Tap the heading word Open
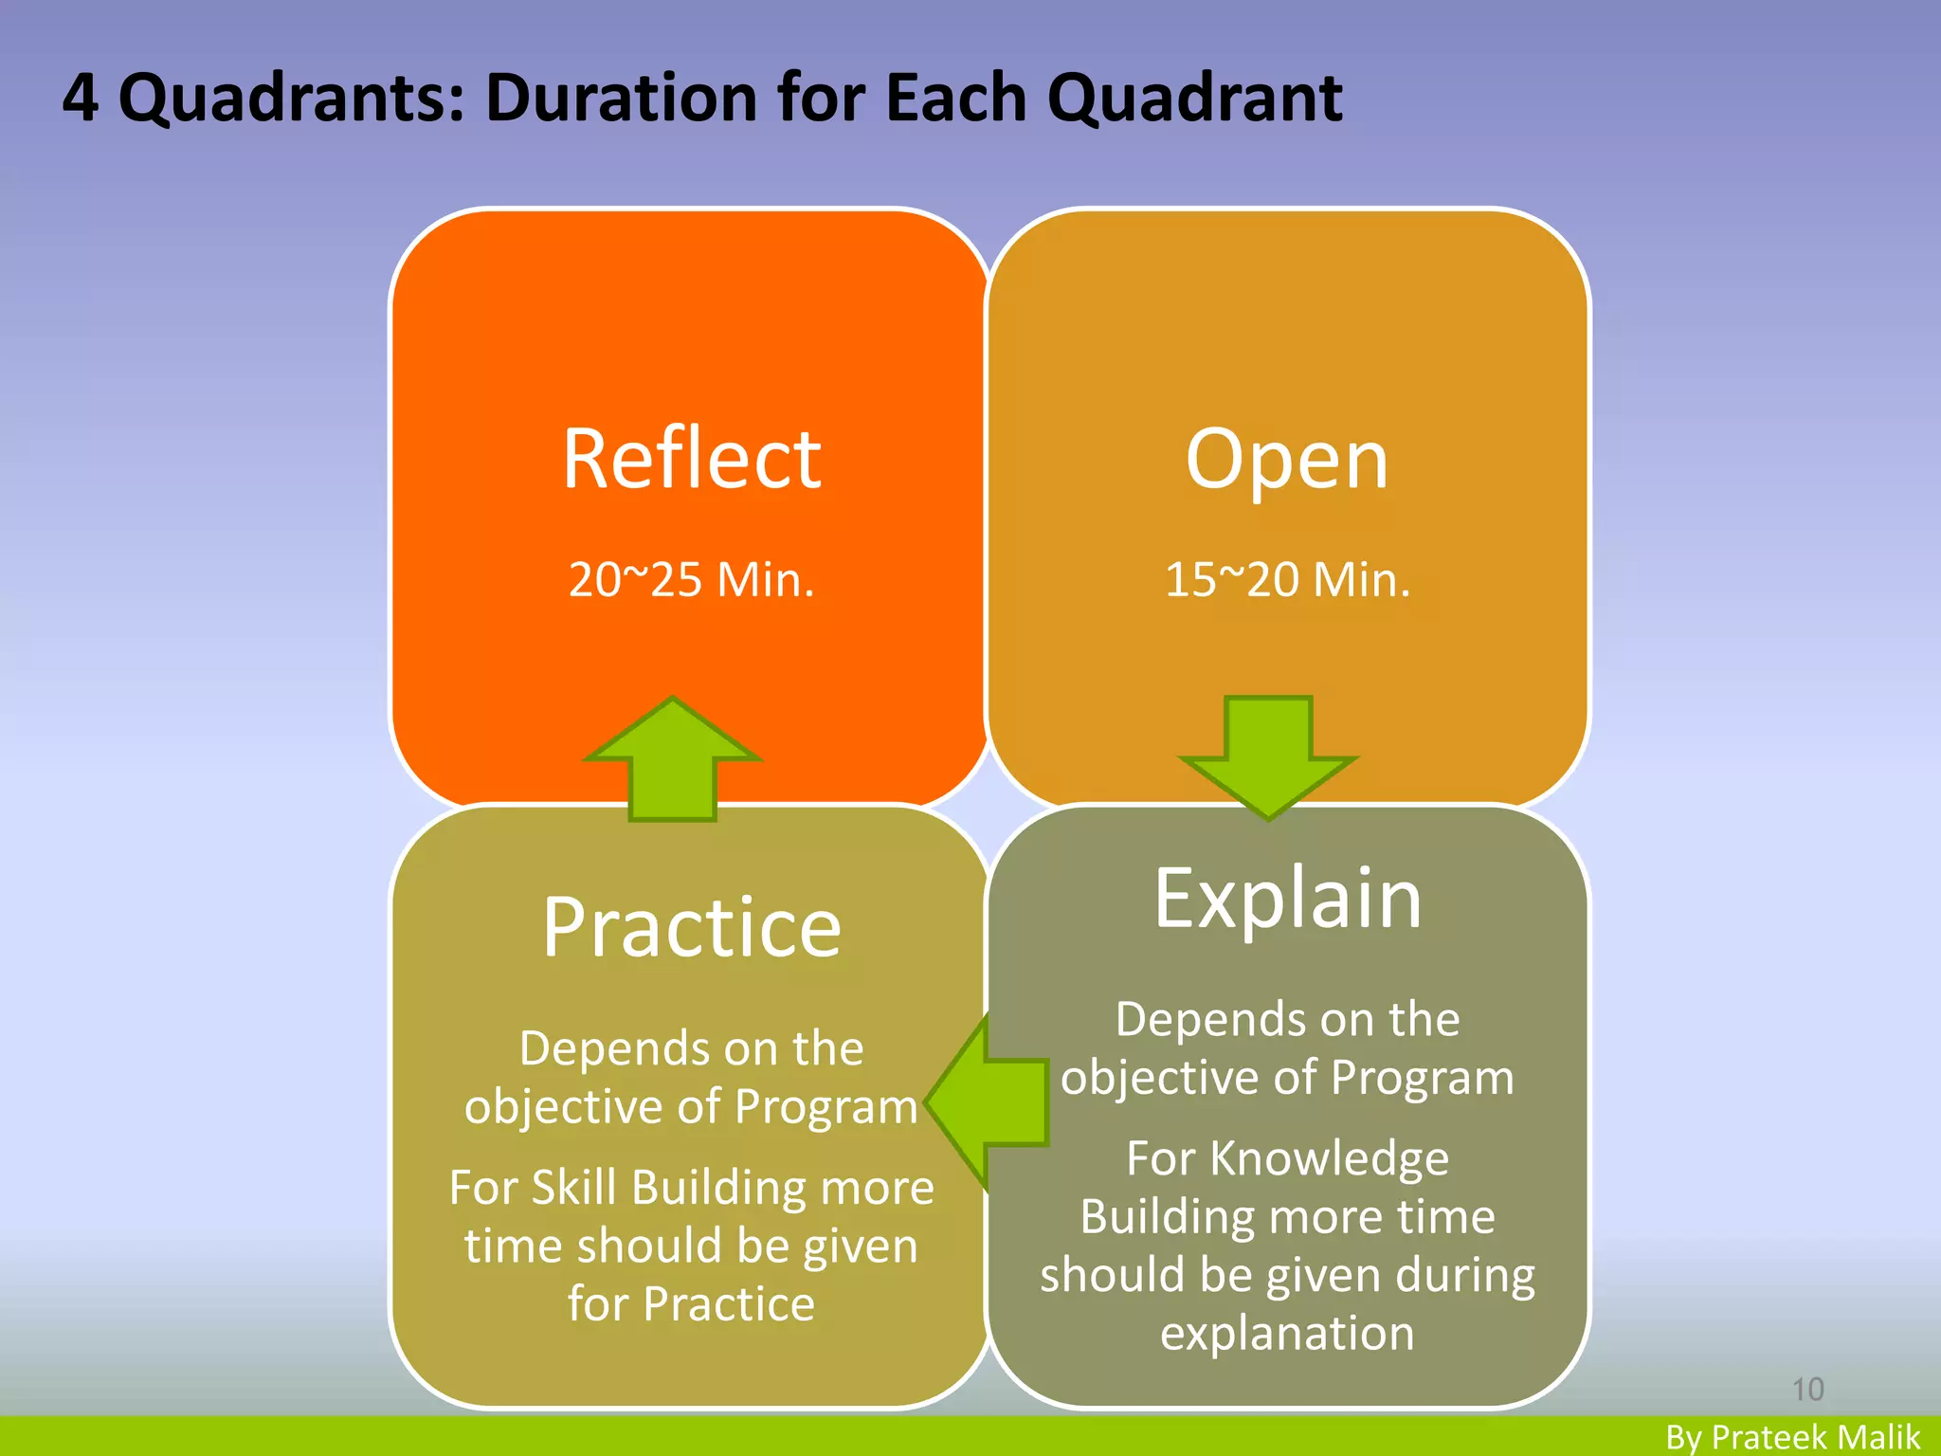coord(1286,461)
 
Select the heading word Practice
coord(691,928)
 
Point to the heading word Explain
coord(1287,899)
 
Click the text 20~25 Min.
coord(691,579)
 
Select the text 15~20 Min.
coord(1287,579)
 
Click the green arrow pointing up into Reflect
coord(672,758)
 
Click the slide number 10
coord(1807,1390)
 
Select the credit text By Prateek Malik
coord(1792,1437)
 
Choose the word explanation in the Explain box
coord(1287,1333)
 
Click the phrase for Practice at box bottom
coord(691,1303)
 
